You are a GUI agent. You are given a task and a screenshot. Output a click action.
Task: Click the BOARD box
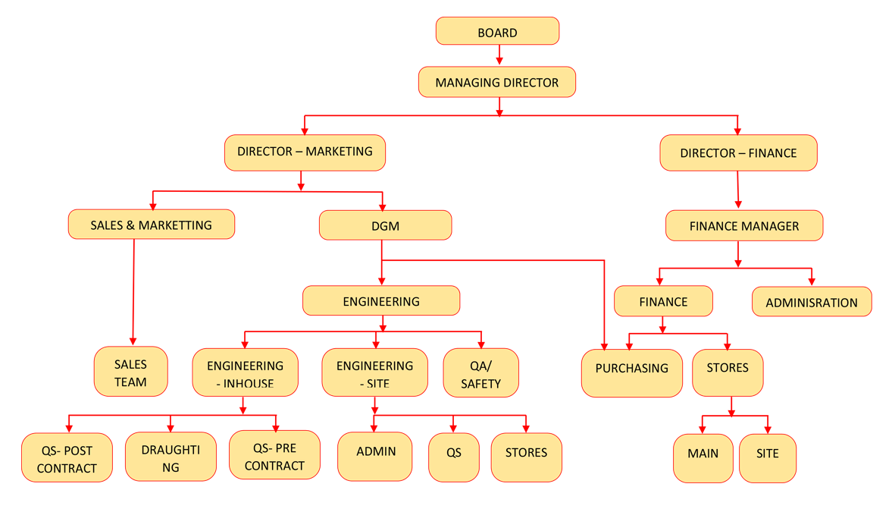(x=497, y=32)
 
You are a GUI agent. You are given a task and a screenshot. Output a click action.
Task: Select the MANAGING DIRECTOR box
(x=497, y=82)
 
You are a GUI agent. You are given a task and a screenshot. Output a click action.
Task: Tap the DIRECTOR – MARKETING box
(x=305, y=152)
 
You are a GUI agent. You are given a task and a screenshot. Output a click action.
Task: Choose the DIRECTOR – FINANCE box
(x=738, y=153)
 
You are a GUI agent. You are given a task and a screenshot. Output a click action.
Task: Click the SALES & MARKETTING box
(x=152, y=225)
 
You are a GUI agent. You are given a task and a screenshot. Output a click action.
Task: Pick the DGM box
(x=385, y=226)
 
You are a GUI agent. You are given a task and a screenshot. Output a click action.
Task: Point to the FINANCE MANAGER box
(x=744, y=226)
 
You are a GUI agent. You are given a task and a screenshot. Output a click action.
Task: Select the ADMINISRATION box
(x=812, y=302)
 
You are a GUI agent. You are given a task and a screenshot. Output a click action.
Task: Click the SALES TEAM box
(x=130, y=372)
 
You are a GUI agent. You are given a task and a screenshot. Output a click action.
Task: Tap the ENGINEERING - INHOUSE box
(x=245, y=373)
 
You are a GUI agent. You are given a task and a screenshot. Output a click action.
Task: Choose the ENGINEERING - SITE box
(x=374, y=373)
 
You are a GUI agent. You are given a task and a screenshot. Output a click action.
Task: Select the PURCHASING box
(x=631, y=372)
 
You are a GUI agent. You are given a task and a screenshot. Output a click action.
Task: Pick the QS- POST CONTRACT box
(x=67, y=458)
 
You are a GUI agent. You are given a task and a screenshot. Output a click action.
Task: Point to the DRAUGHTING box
(x=171, y=457)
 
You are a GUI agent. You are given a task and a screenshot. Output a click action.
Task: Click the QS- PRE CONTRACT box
(x=274, y=456)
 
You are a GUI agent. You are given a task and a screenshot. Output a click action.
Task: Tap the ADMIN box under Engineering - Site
(x=375, y=457)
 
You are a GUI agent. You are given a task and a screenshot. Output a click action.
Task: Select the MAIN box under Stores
(x=703, y=458)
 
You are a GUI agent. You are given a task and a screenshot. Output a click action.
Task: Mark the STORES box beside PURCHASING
(x=728, y=372)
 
